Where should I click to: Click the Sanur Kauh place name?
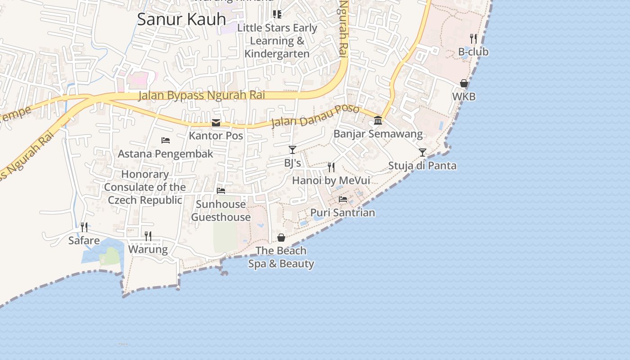click(181, 19)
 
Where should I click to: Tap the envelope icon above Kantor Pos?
click(216, 123)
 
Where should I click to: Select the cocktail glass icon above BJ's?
click(292, 149)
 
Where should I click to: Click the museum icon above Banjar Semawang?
click(378, 120)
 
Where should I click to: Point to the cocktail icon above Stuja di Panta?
click(422, 153)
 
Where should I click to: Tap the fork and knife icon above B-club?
click(473, 38)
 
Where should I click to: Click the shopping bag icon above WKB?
click(464, 83)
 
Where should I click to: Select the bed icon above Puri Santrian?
click(343, 199)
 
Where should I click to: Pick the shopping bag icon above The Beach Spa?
click(281, 237)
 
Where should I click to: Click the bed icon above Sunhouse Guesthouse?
click(221, 191)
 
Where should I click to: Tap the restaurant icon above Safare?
click(84, 227)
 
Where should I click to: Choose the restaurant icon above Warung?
click(148, 236)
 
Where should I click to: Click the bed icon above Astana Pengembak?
click(166, 140)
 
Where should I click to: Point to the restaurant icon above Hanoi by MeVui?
click(331, 167)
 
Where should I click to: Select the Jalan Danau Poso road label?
click(315, 117)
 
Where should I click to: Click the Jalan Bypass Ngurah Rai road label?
click(201, 95)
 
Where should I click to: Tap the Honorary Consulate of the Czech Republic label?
click(145, 187)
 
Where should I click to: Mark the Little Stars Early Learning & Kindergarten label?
click(277, 40)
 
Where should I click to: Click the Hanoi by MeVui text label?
click(331, 180)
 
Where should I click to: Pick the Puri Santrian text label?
click(343, 212)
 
